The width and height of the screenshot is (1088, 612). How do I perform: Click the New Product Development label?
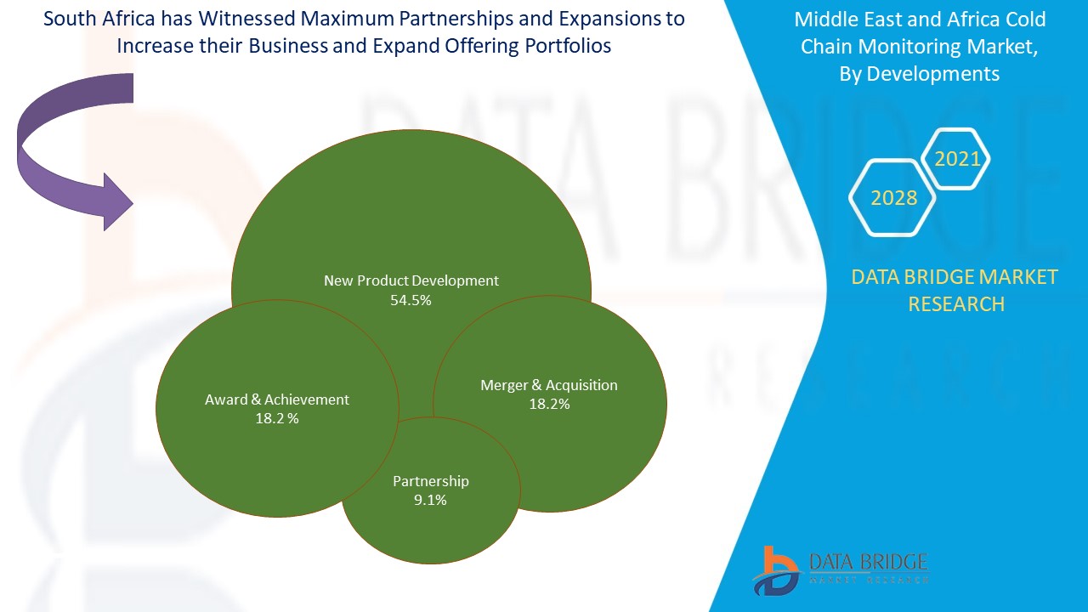[411, 280]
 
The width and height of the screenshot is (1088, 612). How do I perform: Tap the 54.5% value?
[411, 300]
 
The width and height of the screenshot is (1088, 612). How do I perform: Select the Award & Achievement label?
[277, 399]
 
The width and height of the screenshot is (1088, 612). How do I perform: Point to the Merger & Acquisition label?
[549, 385]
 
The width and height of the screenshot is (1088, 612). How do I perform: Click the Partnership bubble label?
[430, 481]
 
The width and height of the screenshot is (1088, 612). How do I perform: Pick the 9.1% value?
[430, 501]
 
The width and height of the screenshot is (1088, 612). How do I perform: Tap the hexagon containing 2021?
[957, 159]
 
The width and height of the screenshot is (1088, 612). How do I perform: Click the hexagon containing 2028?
[893, 198]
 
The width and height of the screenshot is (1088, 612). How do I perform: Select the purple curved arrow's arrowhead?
[117, 201]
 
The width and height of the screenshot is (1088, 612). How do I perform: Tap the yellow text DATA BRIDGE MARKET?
[955, 277]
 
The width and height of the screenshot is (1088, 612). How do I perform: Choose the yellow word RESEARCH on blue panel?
[956, 304]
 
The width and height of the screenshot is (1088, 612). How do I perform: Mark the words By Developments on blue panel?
[919, 74]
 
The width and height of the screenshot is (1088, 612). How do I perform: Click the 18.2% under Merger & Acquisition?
[549, 405]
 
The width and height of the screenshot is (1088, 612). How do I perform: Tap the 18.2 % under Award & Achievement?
[277, 419]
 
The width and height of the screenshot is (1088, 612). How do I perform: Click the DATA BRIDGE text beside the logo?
[868, 562]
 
